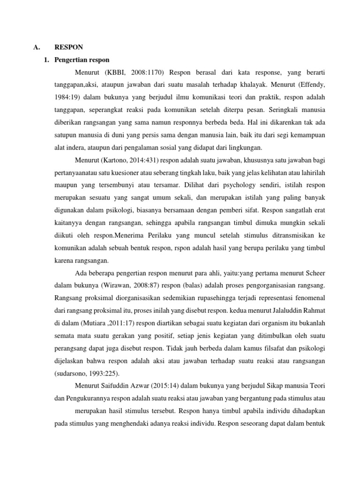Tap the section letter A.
pos(35,47)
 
